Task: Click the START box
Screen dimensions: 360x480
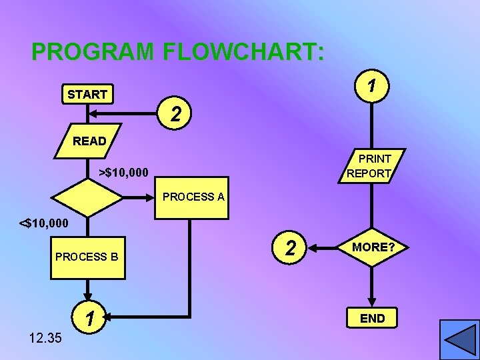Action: pos(87,95)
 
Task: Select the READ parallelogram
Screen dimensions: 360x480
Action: pos(89,141)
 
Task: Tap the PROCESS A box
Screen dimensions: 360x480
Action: pos(193,197)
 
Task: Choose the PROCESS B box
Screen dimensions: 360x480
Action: pos(87,256)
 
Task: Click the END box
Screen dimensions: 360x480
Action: pos(373,318)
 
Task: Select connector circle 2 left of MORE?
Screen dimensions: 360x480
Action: pos(290,248)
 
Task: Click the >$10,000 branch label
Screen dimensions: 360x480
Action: pos(123,173)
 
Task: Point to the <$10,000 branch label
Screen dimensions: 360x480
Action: pos(43,222)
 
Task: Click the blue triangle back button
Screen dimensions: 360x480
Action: pos(459,339)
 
